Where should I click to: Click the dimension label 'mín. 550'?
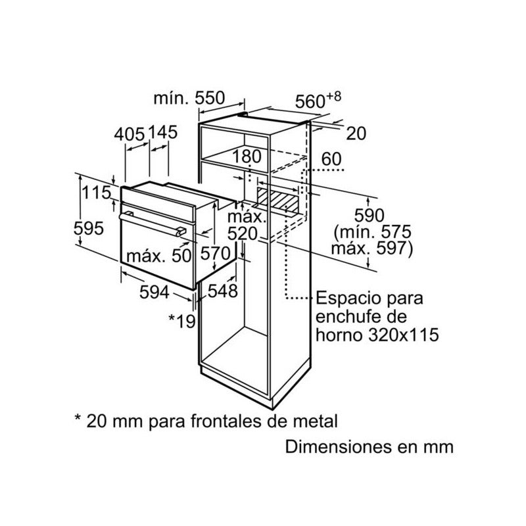tap(189, 98)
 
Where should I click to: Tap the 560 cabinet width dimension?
tap(318, 100)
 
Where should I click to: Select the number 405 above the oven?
tap(129, 135)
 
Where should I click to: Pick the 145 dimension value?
tap(162, 133)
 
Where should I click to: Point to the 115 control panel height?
tap(97, 193)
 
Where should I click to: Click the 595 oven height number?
tap(89, 229)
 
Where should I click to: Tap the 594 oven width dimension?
tap(155, 292)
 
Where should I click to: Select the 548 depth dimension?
tap(223, 291)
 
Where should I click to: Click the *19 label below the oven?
tap(182, 321)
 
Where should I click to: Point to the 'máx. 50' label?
tap(158, 256)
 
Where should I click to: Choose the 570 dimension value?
tap(216, 253)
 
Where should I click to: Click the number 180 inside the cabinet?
tap(247, 156)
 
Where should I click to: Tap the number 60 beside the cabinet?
tap(331, 159)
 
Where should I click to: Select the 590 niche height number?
tap(370, 216)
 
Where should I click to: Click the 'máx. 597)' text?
tap(372, 249)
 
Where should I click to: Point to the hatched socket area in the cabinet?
tap(277, 201)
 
